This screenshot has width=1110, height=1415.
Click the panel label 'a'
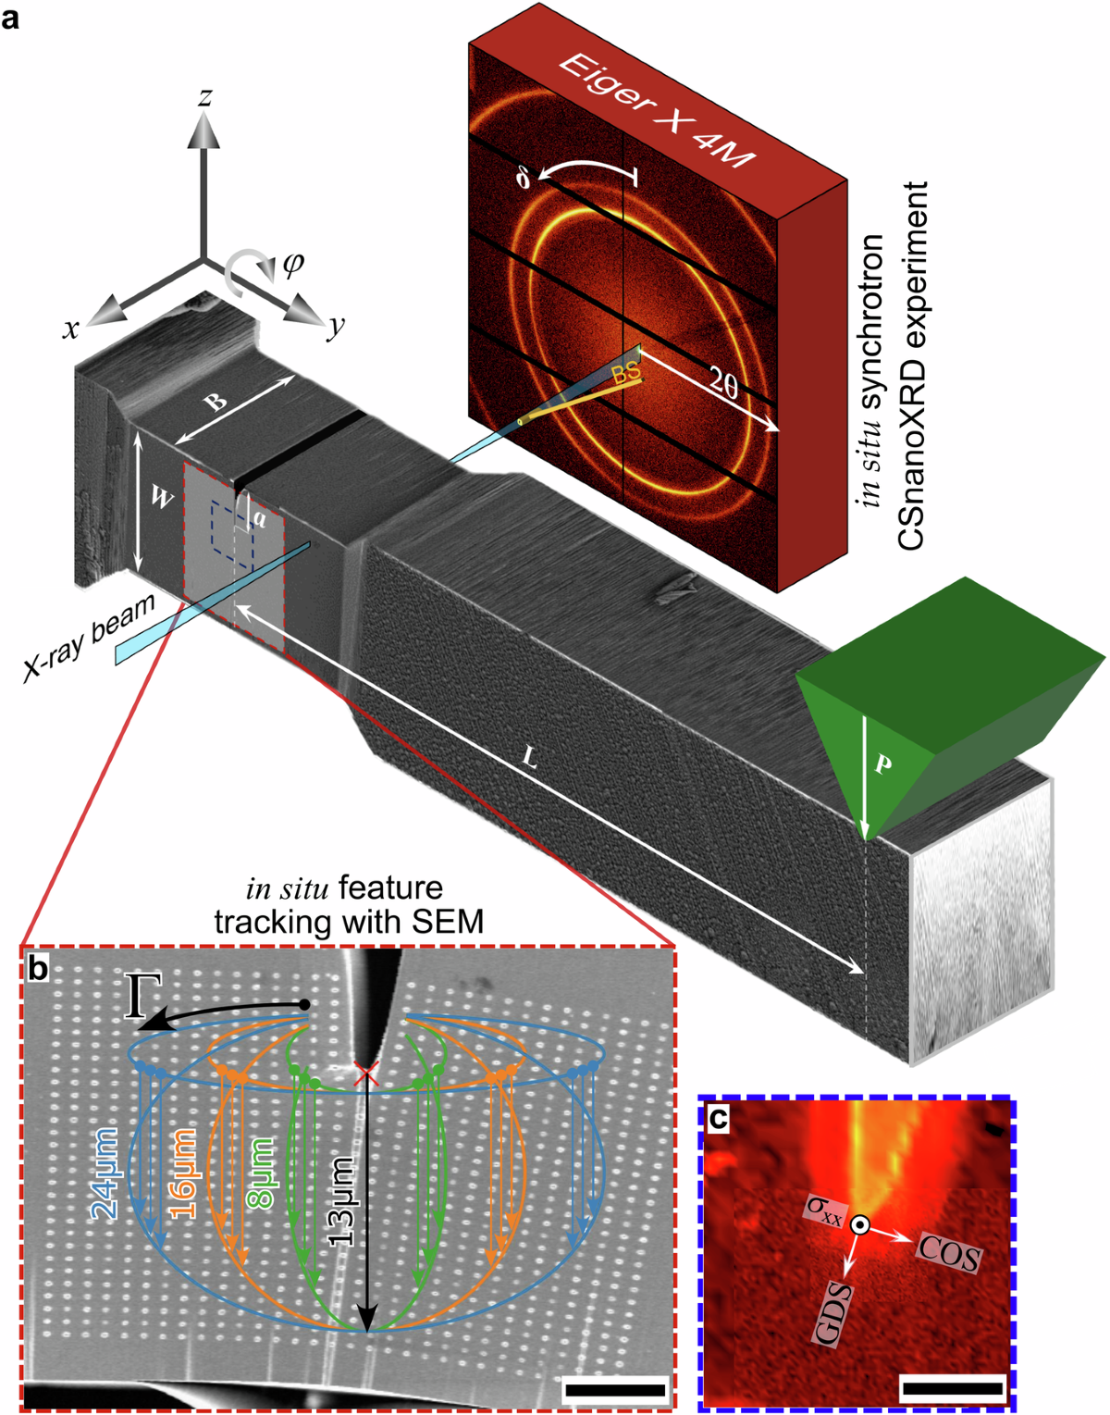point(12,17)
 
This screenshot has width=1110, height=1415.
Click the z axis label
point(205,96)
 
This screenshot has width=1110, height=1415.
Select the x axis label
point(70,328)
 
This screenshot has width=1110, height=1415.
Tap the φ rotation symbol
point(291,265)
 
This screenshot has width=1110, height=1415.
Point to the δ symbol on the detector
point(524,177)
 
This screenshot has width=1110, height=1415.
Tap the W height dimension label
point(161,499)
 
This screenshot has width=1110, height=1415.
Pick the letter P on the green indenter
point(882,764)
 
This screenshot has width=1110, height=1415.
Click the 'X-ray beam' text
point(89,639)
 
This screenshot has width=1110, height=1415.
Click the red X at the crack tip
point(367,1074)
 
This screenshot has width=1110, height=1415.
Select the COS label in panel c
point(948,1255)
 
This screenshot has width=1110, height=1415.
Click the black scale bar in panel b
point(614,1388)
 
